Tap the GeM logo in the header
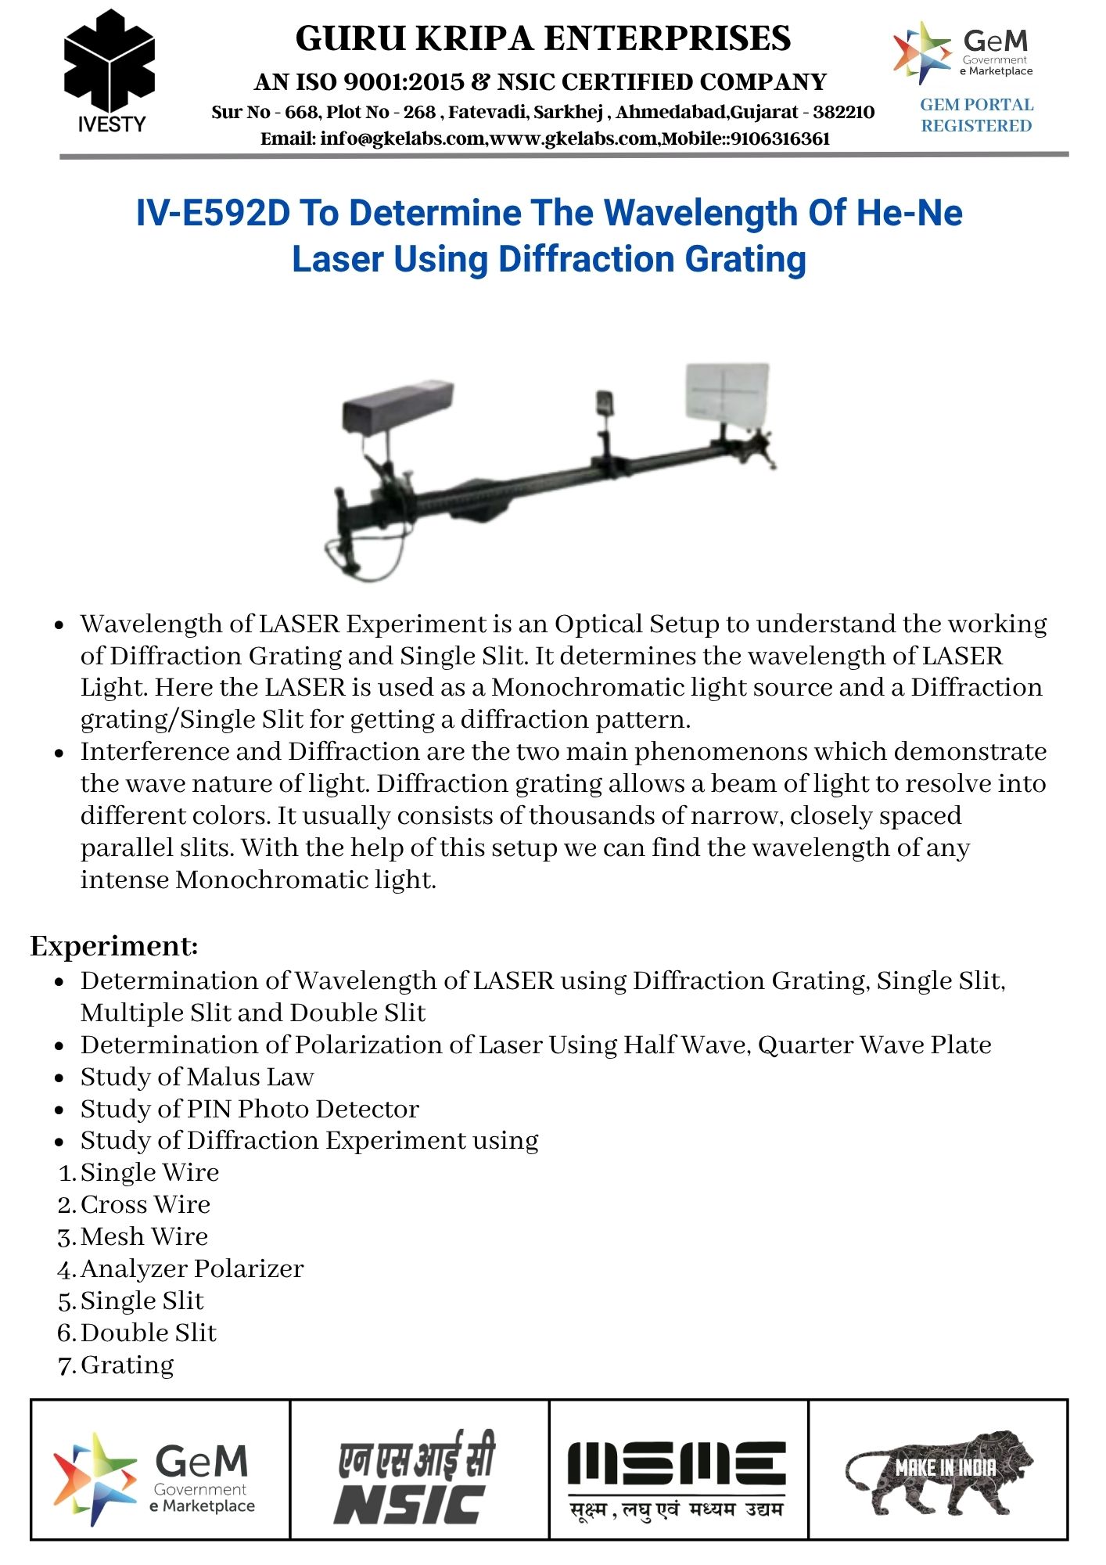point(964,52)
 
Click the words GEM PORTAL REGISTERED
point(976,115)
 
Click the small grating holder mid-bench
point(604,403)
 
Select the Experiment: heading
point(114,946)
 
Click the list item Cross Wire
point(145,1204)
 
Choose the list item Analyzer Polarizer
point(192,1268)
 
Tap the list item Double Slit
point(149,1333)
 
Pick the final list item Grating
point(127,1365)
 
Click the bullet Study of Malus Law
point(197,1077)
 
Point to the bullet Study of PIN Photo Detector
point(250,1109)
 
